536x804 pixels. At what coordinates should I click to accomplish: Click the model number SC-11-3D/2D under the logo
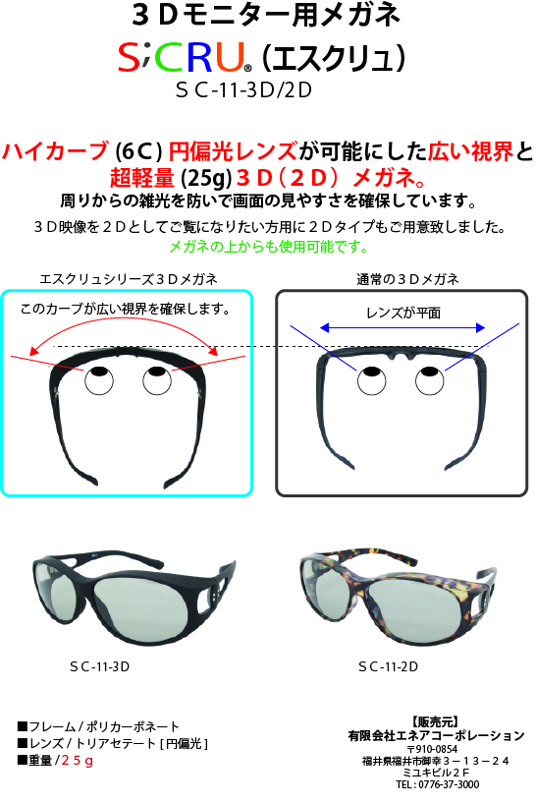click(x=243, y=90)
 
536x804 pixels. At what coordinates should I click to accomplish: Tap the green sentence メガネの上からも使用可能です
click(x=269, y=247)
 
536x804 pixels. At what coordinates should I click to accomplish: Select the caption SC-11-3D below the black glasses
click(x=100, y=666)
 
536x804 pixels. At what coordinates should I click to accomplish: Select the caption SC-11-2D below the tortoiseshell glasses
click(x=389, y=666)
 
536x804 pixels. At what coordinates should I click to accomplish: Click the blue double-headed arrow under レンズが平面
click(x=402, y=327)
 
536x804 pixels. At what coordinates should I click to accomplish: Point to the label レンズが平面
click(x=403, y=313)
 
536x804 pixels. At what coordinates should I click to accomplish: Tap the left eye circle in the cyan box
click(x=99, y=380)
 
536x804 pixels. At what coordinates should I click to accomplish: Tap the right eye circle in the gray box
click(x=430, y=381)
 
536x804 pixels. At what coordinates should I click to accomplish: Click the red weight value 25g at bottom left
click(x=78, y=760)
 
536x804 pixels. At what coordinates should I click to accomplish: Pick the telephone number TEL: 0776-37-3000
click(x=438, y=784)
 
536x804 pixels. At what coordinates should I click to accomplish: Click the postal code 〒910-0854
click(x=433, y=749)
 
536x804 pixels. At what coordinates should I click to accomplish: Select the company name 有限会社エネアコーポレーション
click(x=436, y=736)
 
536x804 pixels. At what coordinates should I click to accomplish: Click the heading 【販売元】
click(x=435, y=722)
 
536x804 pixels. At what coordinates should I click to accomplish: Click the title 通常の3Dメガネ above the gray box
click(x=407, y=279)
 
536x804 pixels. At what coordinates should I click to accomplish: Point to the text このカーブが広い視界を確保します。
click(x=126, y=309)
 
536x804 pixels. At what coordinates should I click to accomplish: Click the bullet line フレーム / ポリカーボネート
click(x=98, y=726)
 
